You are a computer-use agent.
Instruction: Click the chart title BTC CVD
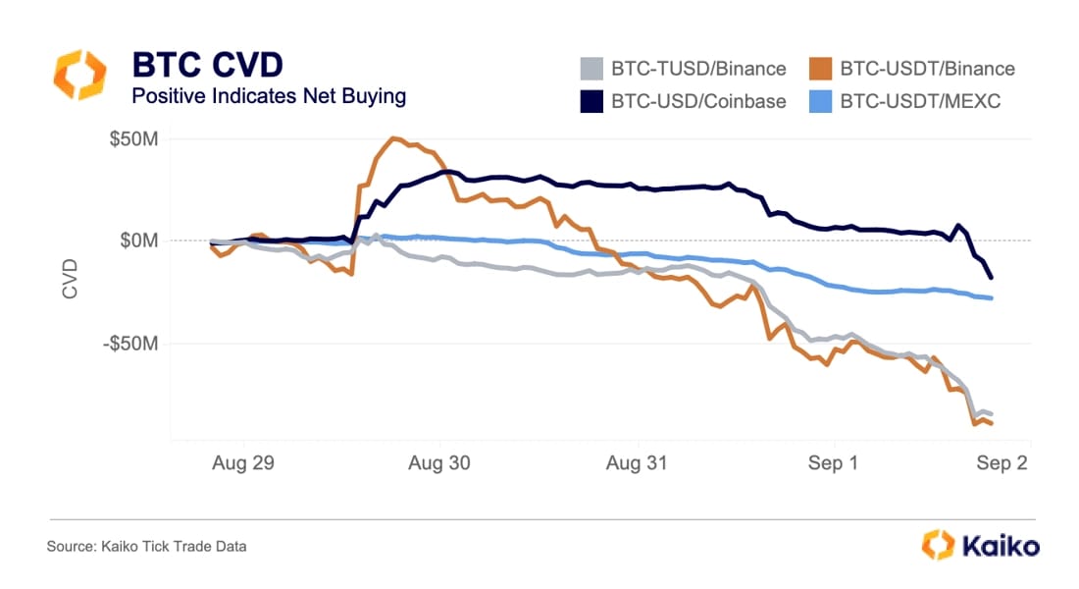[x=207, y=65]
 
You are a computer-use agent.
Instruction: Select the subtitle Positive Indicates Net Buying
[x=269, y=96]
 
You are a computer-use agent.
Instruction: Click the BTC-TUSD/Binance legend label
[x=698, y=69]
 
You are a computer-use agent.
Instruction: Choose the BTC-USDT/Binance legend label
[x=927, y=69]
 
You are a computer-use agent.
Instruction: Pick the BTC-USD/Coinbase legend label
[x=698, y=101]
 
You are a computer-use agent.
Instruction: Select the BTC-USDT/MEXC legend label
[x=920, y=101]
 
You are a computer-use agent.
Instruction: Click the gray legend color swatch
[x=590, y=69]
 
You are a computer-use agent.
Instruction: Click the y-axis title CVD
[x=70, y=278]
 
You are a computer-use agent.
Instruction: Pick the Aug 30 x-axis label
[x=440, y=463]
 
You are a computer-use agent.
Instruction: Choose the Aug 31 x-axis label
[x=638, y=463]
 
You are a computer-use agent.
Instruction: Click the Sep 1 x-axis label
[x=833, y=463]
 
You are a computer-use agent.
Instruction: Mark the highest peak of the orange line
[x=393, y=138]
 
